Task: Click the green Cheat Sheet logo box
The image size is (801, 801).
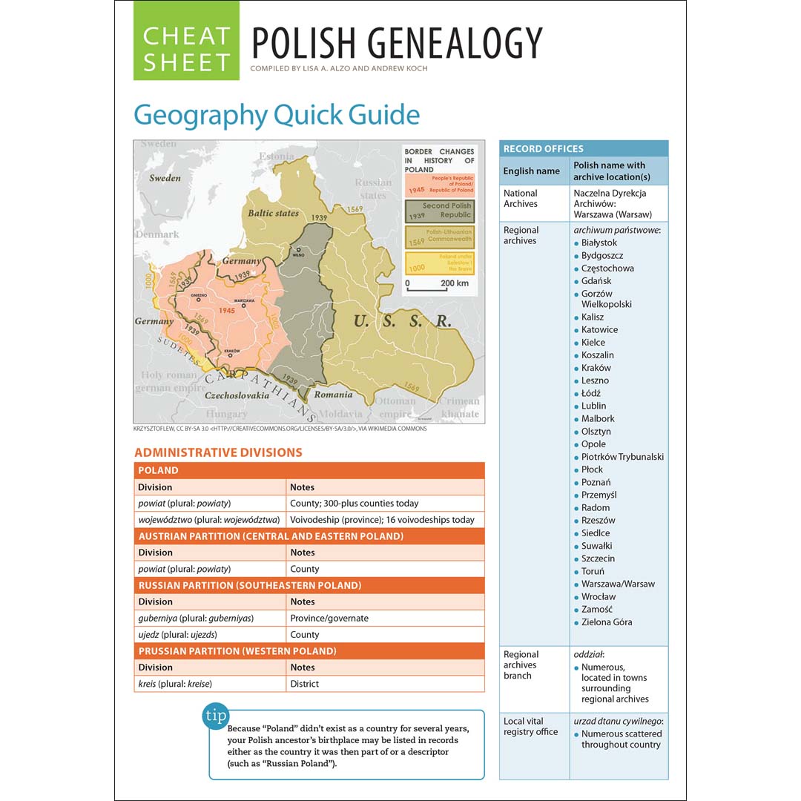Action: pyautogui.click(x=186, y=41)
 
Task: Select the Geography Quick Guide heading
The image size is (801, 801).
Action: pyautogui.click(x=277, y=116)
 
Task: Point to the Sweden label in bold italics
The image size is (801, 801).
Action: pyautogui.click(x=165, y=178)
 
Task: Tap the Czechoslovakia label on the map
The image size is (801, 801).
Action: pyautogui.click(x=237, y=396)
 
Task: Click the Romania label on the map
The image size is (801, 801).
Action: pyautogui.click(x=333, y=395)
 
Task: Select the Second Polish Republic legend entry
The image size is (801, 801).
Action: pyautogui.click(x=439, y=211)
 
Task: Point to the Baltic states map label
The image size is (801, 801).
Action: pyautogui.click(x=274, y=213)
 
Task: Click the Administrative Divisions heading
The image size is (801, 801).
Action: pyautogui.click(x=218, y=452)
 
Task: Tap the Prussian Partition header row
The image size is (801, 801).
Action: pyautogui.click(x=309, y=651)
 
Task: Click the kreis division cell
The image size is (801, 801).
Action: pyautogui.click(x=210, y=684)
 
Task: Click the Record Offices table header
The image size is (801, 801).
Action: pyautogui.click(x=583, y=148)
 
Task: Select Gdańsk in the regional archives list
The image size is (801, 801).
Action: pyautogui.click(x=596, y=281)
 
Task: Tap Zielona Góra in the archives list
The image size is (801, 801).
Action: pyautogui.click(x=607, y=622)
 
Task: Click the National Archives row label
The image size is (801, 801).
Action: pyautogui.click(x=521, y=199)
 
